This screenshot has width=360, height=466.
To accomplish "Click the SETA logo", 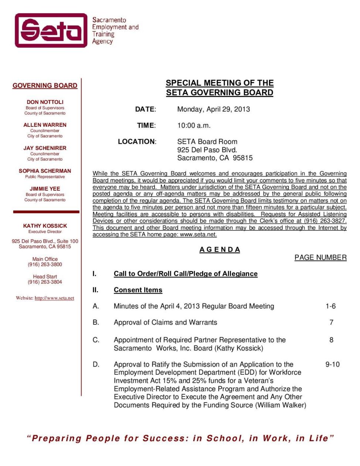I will point(51,30).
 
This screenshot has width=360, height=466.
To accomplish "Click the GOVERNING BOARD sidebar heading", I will point(45,85).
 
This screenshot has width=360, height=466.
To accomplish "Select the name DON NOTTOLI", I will point(45,102).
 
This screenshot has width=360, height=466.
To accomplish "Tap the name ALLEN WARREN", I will point(45,125).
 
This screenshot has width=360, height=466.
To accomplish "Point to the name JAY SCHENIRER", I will point(45,148).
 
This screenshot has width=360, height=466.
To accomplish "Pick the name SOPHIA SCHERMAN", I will point(45,171).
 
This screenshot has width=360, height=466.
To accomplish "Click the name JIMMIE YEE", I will point(45,189).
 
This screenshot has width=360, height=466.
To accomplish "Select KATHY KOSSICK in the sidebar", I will point(45,226).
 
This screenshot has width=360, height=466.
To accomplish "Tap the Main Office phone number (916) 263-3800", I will point(45,264).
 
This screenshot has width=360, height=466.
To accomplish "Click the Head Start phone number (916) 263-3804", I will point(45,282).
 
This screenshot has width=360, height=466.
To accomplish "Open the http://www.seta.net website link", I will point(54,298).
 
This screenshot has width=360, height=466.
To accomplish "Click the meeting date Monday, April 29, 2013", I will point(214,109).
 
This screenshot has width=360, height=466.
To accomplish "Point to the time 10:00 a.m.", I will point(194,125).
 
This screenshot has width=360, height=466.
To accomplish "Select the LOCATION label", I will point(137,142).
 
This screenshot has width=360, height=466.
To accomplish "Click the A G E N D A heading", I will point(220,250).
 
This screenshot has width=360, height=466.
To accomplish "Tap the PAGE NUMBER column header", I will point(320,257).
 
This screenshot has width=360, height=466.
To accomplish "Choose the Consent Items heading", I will point(138,290).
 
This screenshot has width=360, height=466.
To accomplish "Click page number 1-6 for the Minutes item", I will point(331,306).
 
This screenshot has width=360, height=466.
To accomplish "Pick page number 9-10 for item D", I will point(332,364).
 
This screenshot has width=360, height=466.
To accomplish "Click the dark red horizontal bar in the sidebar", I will point(46,212).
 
